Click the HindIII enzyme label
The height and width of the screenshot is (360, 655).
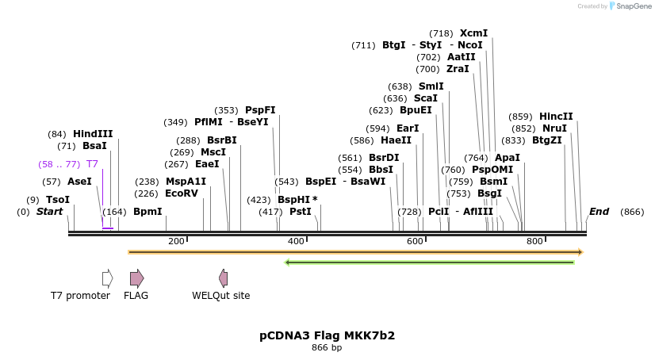click(x=93, y=134)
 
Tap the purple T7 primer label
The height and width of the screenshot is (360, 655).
click(x=92, y=164)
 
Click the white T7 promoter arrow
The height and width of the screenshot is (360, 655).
click(x=107, y=278)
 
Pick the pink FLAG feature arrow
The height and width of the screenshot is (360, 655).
click(x=136, y=278)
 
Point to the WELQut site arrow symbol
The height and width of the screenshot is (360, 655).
click(x=224, y=278)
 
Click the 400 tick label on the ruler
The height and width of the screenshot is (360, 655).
click(x=295, y=241)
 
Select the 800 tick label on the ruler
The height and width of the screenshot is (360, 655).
click(x=534, y=241)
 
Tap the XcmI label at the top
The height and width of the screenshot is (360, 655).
click(x=473, y=33)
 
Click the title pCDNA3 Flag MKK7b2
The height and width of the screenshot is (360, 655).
click(x=327, y=335)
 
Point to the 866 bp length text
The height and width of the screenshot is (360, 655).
click(x=327, y=348)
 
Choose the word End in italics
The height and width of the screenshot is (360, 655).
click(x=599, y=212)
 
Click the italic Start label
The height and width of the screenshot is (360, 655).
click(x=49, y=212)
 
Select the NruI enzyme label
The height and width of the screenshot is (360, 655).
click(x=555, y=128)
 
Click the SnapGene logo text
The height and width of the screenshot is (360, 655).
click(x=630, y=6)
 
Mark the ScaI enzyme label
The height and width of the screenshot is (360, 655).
click(x=425, y=98)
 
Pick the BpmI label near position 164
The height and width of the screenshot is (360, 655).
click(x=147, y=212)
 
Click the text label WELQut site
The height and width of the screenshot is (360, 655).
click(x=220, y=296)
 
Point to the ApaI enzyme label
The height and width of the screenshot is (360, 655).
click(x=507, y=158)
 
